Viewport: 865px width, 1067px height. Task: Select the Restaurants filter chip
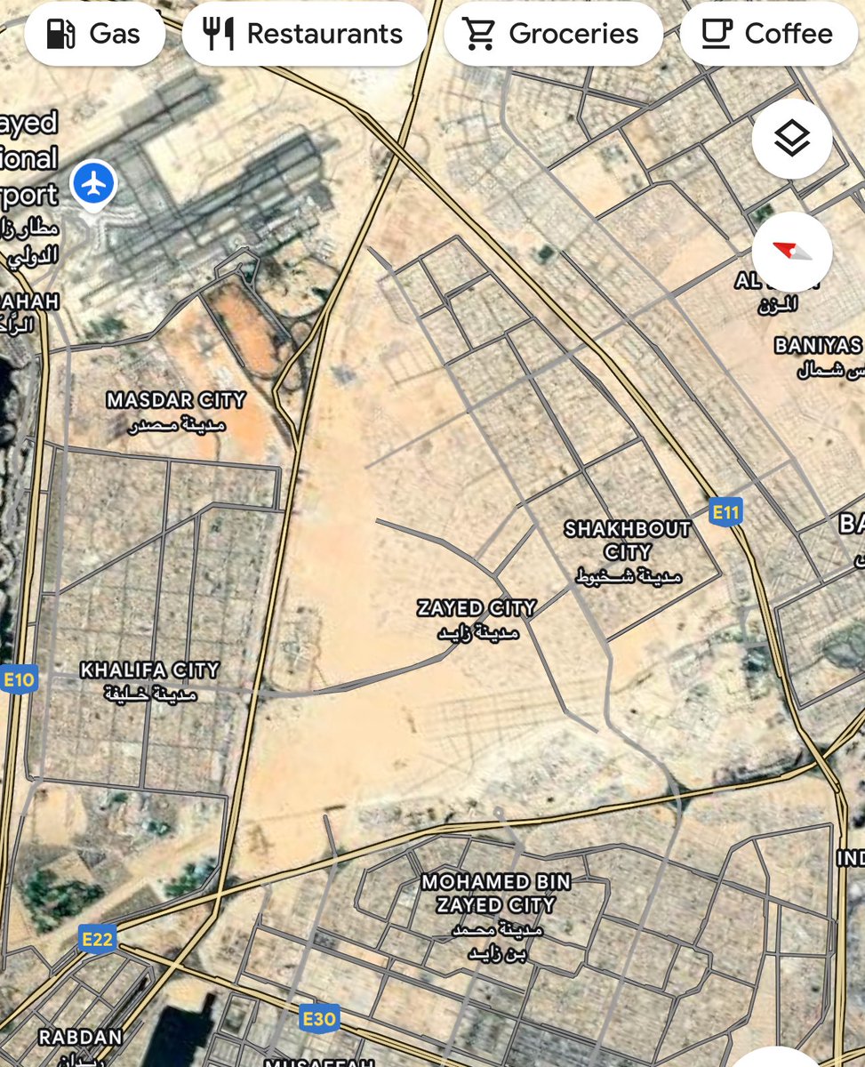pyautogui.click(x=304, y=34)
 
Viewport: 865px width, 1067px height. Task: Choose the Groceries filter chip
pyautogui.click(x=553, y=34)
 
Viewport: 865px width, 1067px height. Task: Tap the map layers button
pyautogui.click(x=792, y=139)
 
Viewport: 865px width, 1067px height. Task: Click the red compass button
pyautogui.click(x=792, y=252)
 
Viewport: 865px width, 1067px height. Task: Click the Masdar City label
pyautogui.click(x=175, y=400)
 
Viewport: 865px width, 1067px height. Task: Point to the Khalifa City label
pyautogui.click(x=149, y=670)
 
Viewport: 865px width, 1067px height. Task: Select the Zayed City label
pyautogui.click(x=477, y=609)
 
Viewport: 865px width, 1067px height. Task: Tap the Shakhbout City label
pyautogui.click(x=628, y=540)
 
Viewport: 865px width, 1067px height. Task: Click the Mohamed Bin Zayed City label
pyautogui.click(x=496, y=894)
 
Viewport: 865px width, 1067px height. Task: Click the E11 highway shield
pyautogui.click(x=726, y=512)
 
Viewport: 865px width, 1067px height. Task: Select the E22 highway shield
pyautogui.click(x=98, y=937)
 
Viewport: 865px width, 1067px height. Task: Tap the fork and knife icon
pyautogui.click(x=219, y=34)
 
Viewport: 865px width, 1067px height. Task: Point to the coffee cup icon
pyautogui.click(x=717, y=34)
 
